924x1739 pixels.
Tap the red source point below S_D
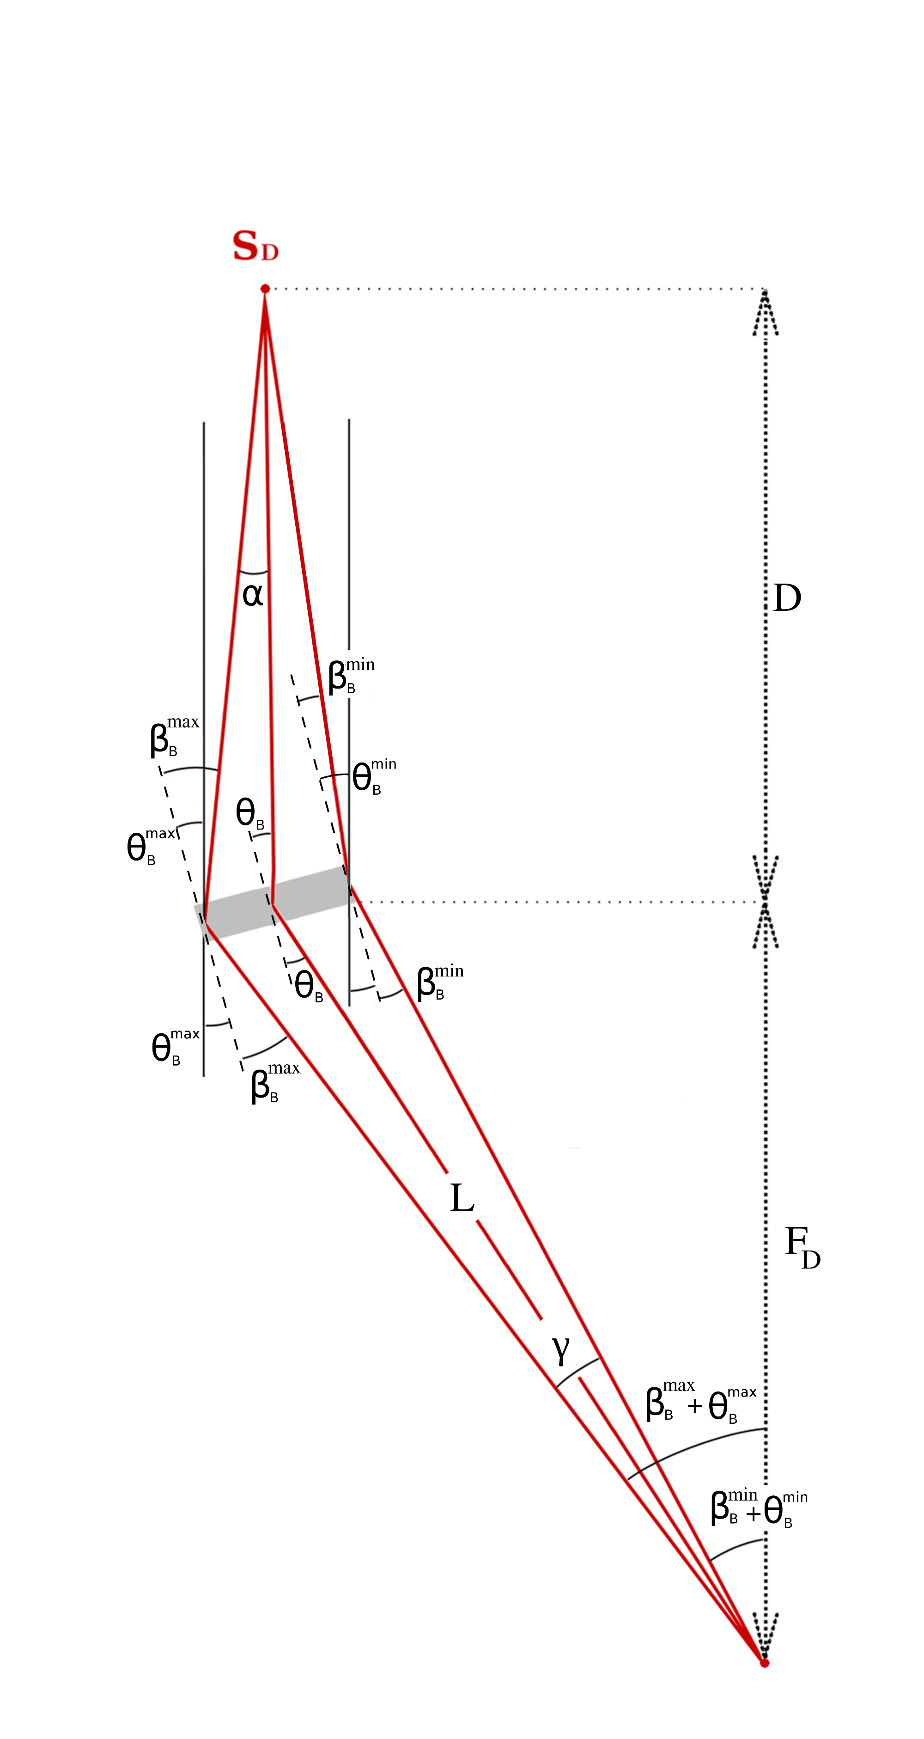[265, 289]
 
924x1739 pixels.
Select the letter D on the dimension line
[787, 598]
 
